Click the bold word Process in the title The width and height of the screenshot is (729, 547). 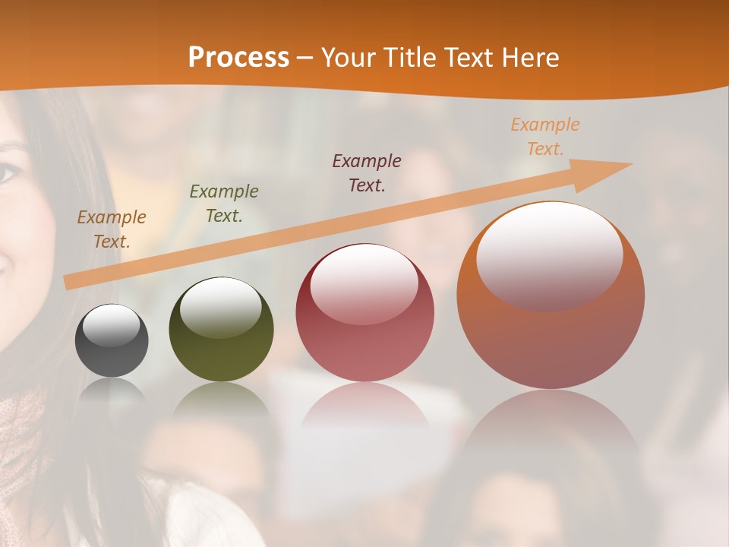point(238,58)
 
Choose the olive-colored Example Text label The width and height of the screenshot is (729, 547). point(224,204)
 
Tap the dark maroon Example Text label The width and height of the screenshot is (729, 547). point(367,172)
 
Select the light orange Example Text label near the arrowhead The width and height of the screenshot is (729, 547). point(545,137)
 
